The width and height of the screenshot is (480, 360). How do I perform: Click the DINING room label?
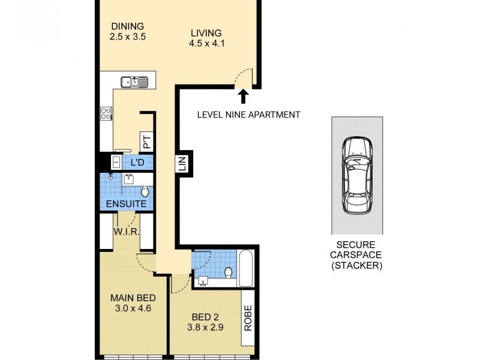point(127,26)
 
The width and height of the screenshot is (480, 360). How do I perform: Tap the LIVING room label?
point(206,33)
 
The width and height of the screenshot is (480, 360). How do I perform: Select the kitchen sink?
point(134,81)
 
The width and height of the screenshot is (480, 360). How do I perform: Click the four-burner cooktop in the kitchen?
point(106,113)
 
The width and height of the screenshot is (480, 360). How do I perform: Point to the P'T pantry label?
point(146,142)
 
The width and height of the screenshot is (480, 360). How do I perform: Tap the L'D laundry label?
point(137,162)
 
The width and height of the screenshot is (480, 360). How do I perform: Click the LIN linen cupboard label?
point(183,163)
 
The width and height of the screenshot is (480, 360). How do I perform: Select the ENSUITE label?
point(126,204)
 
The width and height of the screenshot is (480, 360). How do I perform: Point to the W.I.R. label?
point(127,231)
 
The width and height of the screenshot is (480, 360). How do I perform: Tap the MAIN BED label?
point(133,298)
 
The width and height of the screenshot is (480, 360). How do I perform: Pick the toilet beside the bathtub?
point(228,273)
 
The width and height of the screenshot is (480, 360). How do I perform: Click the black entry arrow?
point(244,96)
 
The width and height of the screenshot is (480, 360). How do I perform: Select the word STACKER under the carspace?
point(359,265)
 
